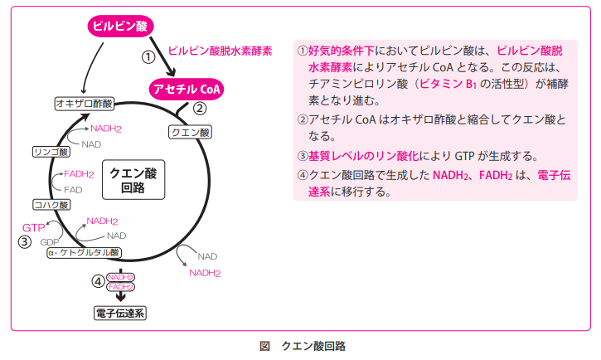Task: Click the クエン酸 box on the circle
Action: [x=190, y=132]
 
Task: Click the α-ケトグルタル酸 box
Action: [x=84, y=252]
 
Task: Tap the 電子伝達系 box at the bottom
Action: [x=120, y=314]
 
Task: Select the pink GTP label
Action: [x=33, y=227]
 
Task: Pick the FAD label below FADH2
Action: [x=74, y=190]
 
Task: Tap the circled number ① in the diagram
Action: [x=148, y=57]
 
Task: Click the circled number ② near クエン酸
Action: [x=200, y=109]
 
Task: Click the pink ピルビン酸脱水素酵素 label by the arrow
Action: [x=220, y=51]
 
